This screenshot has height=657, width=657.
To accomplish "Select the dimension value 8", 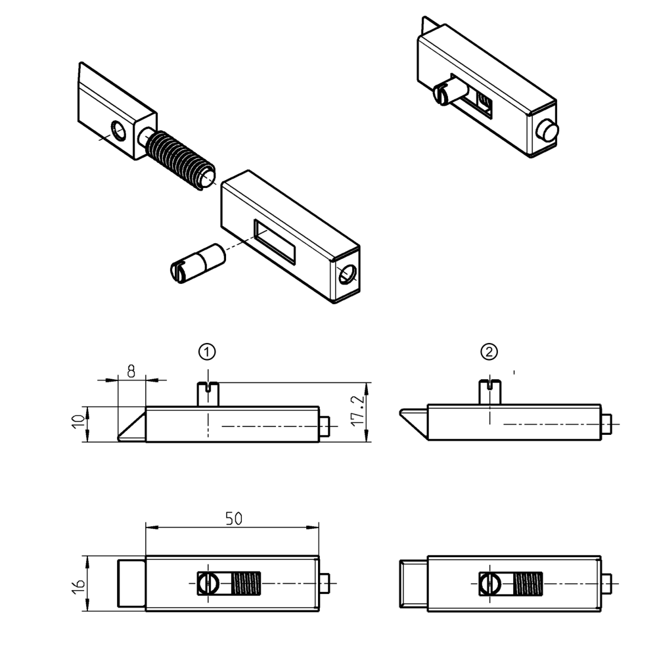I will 131,371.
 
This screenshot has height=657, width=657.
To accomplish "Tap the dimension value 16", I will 78,584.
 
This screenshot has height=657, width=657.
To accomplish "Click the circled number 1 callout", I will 208,352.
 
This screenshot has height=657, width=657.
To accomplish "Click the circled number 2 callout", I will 489,352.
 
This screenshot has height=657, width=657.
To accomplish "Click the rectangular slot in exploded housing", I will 275,241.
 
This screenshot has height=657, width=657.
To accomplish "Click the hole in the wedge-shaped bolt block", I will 120,131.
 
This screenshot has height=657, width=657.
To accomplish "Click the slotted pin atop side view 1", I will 208,394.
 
